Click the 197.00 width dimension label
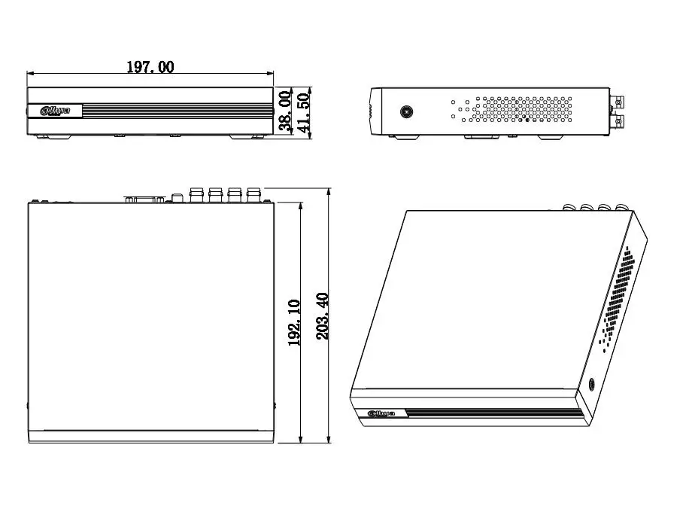pyautogui.click(x=150, y=67)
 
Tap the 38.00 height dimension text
pyautogui.click(x=285, y=111)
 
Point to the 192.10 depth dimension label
pyautogui.click(x=294, y=322)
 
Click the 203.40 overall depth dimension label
pyautogui.click(x=323, y=316)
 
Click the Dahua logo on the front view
pyautogui.click(x=55, y=111)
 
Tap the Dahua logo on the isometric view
pyautogui.click(x=381, y=413)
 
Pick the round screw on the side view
pyautogui.click(x=407, y=112)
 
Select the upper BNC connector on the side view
pyautogui.click(x=618, y=102)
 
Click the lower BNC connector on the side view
pyautogui.click(x=618, y=120)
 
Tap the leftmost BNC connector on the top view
pyautogui.click(x=196, y=195)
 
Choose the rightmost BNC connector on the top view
pyautogui.click(x=253, y=195)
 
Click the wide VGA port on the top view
pyautogui.click(x=144, y=200)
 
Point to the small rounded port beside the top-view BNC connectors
pyautogui.click(x=178, y=198)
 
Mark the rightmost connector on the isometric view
pyautogui.click(x=621, y=208)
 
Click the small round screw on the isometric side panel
pyautogui.click(x=592, y=384)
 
